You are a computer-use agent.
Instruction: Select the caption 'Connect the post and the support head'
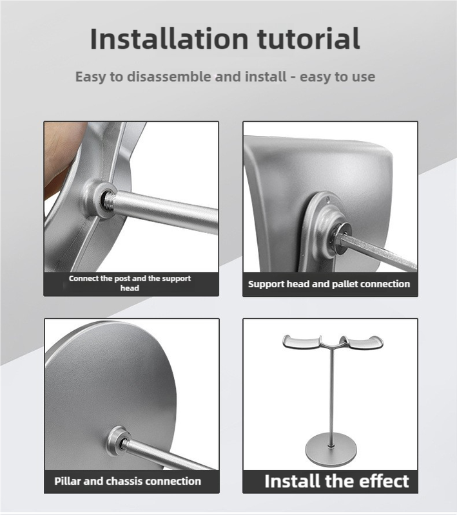point(130,283)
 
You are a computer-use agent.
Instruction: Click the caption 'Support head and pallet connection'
point(329,283)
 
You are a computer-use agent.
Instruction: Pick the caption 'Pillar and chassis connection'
point(127,481)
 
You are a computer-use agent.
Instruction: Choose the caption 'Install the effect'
point(336,481)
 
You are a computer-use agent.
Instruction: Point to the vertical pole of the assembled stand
point(331,393)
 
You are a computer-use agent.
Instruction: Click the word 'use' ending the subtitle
point(362,77)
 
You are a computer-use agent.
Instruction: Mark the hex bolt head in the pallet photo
point(339,236)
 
